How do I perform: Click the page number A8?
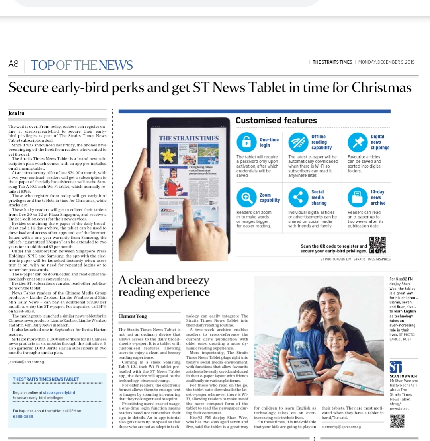coord(14,64)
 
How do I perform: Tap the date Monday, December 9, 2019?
coord(386,62)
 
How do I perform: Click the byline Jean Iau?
coord(16,113)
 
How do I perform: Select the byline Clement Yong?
coord(133,316)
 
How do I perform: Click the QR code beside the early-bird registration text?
coord(377,245)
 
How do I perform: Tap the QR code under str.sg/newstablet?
coord(397,421)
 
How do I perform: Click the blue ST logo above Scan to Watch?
coord(396,366)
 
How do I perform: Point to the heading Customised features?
coord(276,120)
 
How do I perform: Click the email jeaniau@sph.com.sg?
coord(26,362)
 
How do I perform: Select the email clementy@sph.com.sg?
coord(341,427)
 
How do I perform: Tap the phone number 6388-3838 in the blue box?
coord(23,416)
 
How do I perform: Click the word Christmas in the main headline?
coord(381,87)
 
